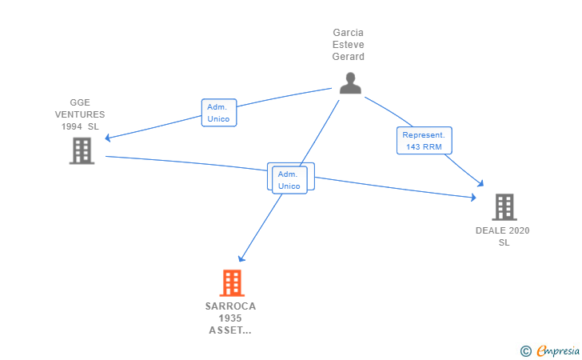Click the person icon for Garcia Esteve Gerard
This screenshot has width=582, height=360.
(350, 83)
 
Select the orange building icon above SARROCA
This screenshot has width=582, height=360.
(232, 282)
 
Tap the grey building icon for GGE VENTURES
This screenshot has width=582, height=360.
(82, 150)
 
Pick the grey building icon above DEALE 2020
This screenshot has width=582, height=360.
(504, 206)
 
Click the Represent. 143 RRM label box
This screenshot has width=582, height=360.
(425, 141)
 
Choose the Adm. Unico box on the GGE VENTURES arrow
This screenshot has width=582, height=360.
(218, 113)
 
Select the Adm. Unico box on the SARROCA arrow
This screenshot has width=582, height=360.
(289, 179)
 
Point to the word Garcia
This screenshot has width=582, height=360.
(349, 33)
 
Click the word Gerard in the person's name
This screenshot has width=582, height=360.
(349, 57)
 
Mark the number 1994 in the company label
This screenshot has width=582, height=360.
(72, 126)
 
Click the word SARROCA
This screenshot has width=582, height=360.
(230, 306)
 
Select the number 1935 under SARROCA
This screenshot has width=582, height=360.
(230, 318)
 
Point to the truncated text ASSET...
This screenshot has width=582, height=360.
(230, 330)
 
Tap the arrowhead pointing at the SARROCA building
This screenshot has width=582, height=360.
(241, 258)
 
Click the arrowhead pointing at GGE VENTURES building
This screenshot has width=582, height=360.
(108, 138)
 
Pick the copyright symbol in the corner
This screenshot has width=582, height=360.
(525, 350)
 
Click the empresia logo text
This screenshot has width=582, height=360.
(558, 350)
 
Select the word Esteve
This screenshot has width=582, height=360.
(349, 45)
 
